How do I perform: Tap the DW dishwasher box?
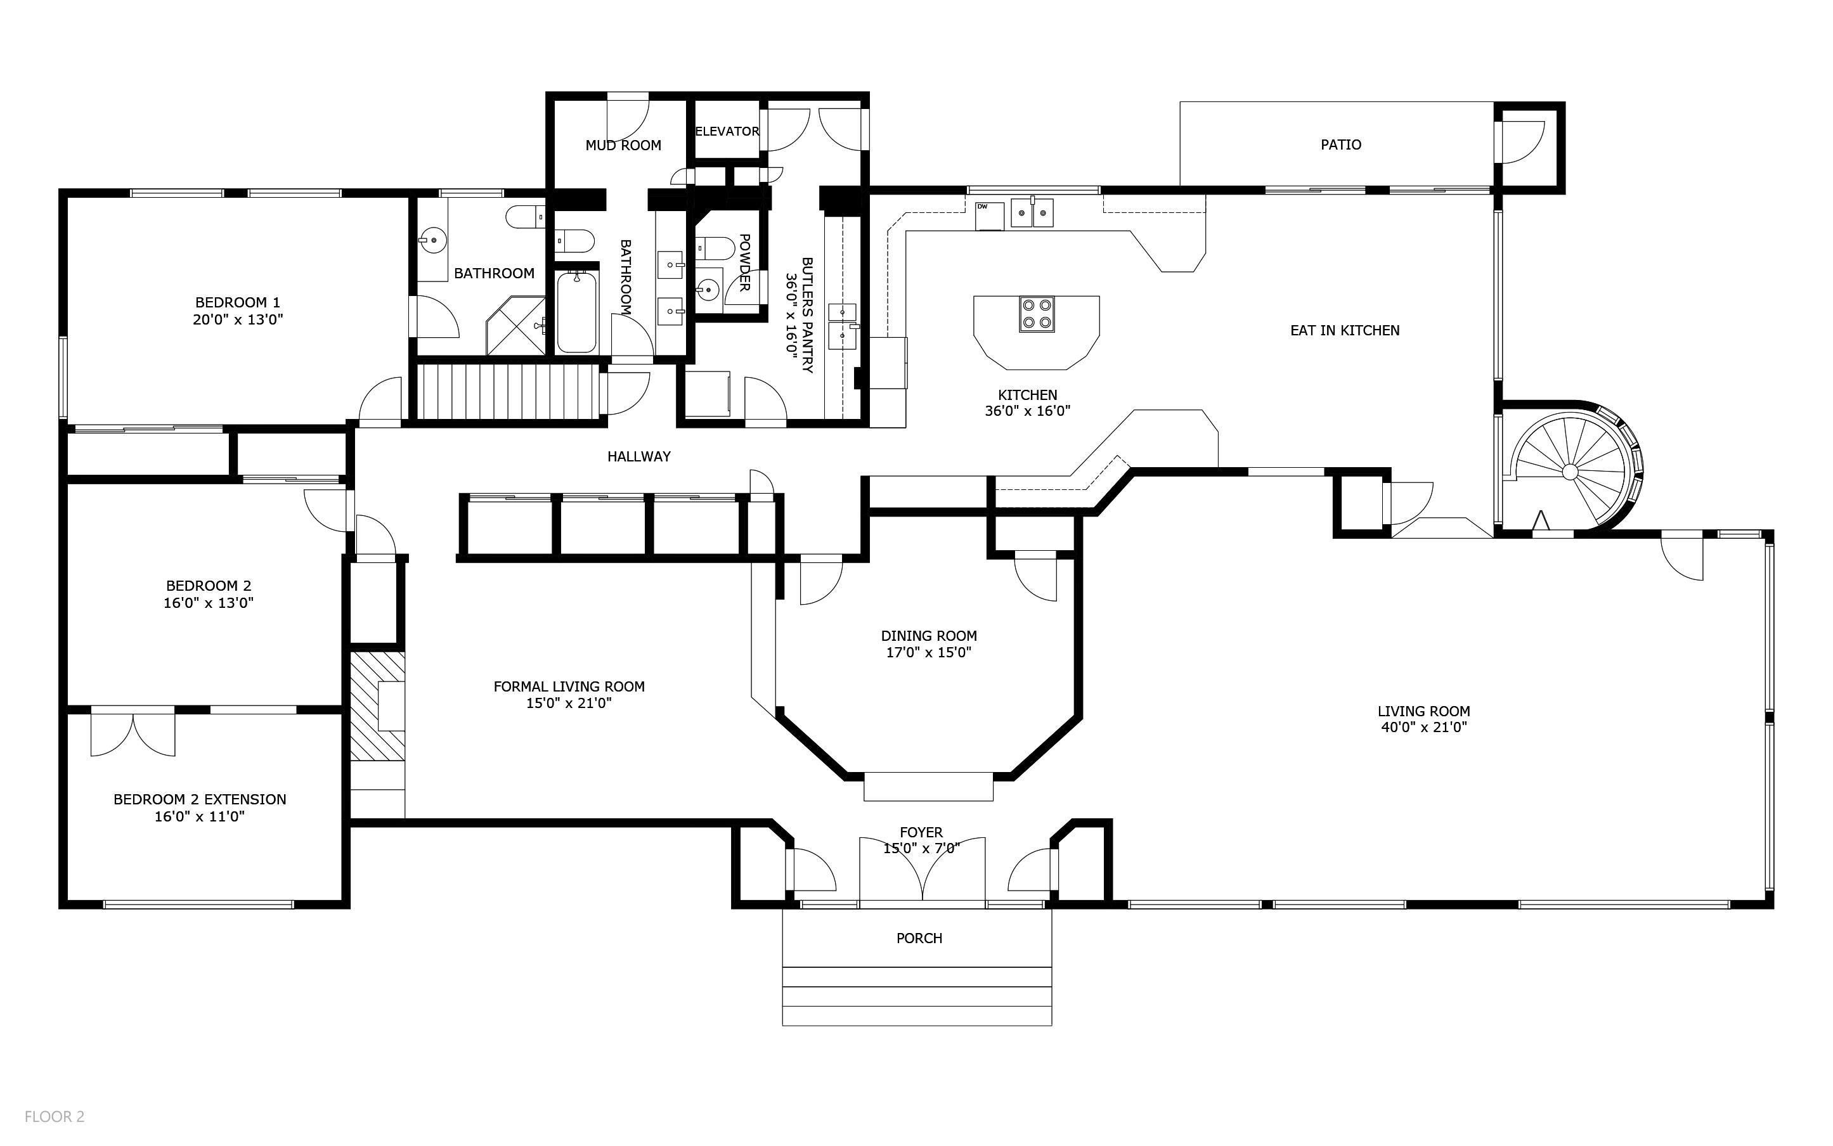pyautogui.click(x=989, y=216)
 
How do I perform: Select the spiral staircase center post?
pyautogui.click(x=1570, y=472)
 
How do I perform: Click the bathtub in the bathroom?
pyautogui.click(x=577, y=312)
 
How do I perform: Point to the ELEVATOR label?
pyautogui.click(x=727, y=131)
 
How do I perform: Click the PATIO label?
pyautogui.click(x=1340, y=145)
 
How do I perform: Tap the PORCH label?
pyautogui.click(x=919, y=938)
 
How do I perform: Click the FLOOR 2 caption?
pyautogui.click(x=55, y=1116)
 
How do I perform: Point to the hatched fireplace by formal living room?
pyautogui.click(x=377, y=705)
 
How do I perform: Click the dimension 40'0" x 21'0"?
pyautogui.click(x=1423, y=728)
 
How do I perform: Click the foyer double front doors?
pyautogui.click(x=922, y=872)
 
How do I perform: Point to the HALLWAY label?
pyautogui.click(x=638, y=456)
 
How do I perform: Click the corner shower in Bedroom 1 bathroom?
pyautogui.click(x=516, y=326)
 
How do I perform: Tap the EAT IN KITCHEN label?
pyautogui.click(x=1344, y=330)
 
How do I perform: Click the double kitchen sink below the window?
pyautogui.click(x=1032, y=212)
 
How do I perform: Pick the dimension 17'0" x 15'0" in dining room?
pyautogui.click(x=929, y=653)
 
